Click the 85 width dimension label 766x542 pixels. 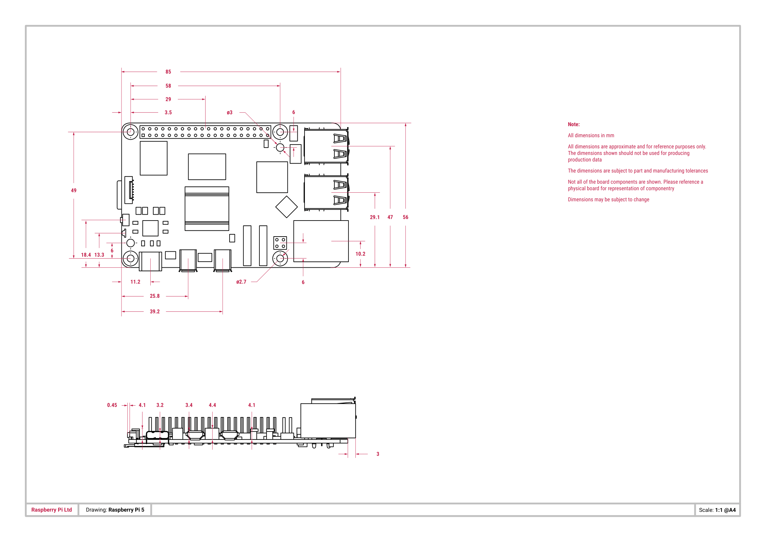[x=168, y=72]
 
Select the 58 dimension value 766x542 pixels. [x=168, y=86]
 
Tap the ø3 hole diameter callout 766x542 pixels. [x=230, y=112]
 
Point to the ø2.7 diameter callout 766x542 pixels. [x=241, y=282]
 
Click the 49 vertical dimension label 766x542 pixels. [x=74, y=190]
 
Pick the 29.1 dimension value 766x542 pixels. [x=375, y=217]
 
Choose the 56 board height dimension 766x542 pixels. [x=405, y=217]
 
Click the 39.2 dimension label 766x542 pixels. [x=155, y=311]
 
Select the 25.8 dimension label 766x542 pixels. [x=155, y=296]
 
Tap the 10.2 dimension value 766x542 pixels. [x=360, y=254]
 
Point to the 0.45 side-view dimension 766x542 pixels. [x=112, y=405]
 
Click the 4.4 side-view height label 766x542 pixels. [x=213, y=405]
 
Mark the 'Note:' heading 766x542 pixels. [x=574, y=124]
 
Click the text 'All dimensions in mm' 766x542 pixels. [x=591, y=136]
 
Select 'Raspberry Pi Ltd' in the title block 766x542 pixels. [x=52, y=510]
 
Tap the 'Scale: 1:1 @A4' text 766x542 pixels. [x=717, y=510]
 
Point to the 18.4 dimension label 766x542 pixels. [x=86, y=255]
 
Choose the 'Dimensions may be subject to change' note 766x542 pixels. [x=608, y=200]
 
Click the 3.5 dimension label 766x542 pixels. [x=168, y=112]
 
